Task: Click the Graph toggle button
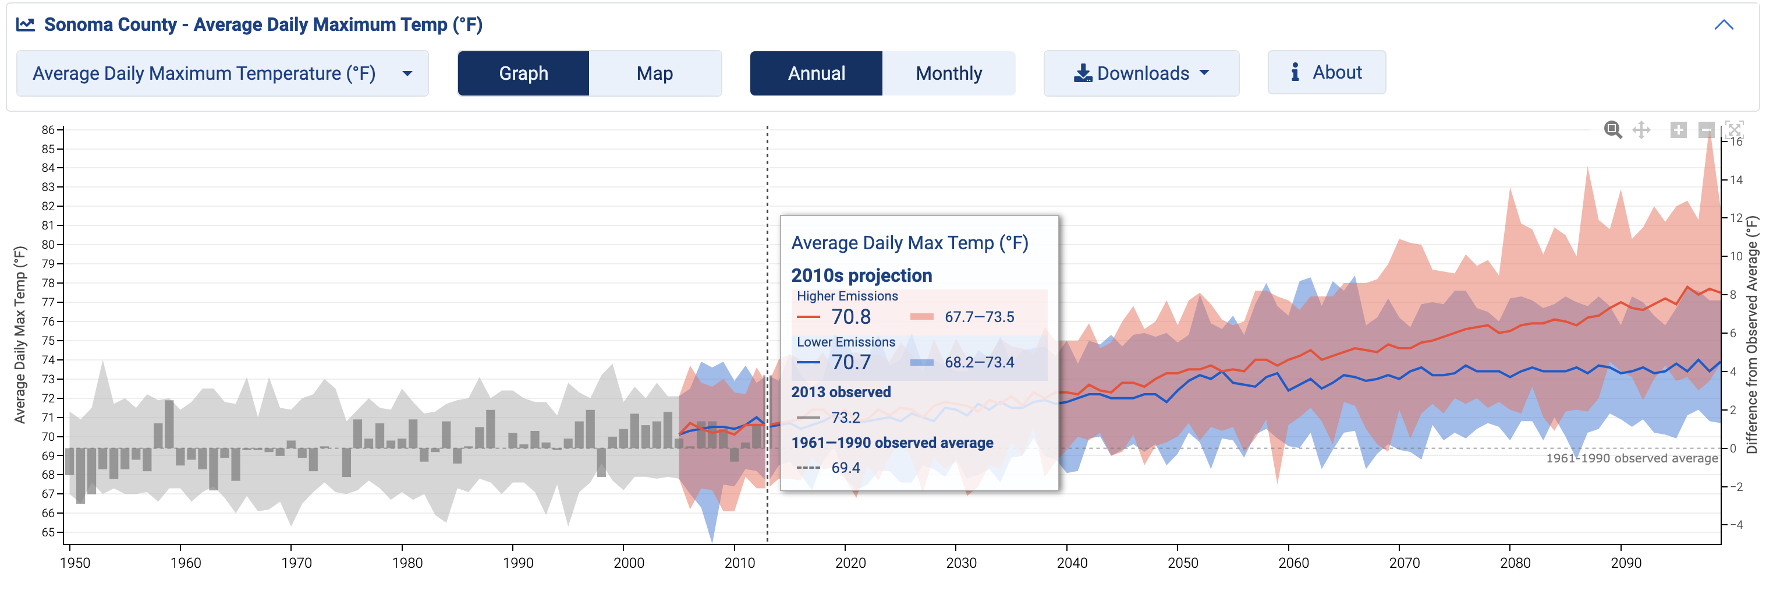click(x=523, y=73)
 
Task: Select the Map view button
click(x=655, y=73)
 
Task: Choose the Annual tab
click(x=815, y=73)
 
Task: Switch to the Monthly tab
click(x=948, y=73)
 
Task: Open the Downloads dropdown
click(x=1140, y=73)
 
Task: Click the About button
click(x=1327, y=72)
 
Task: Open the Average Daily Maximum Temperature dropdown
click(x=222, y=73)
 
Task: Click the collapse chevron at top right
click(x=1724, y=25)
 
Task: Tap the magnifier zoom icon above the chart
click(x=1612, y=129)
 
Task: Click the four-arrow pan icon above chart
click(x=1641, y=129)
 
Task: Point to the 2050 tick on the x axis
click(x=1182, y=563)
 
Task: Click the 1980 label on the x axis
click(x=407, y=563)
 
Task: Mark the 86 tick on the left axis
click(x=48, y=129)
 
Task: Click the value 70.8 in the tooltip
click(x=851, y=317)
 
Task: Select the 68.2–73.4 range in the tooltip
click(x=978, y=362)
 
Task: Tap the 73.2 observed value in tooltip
click(x=845, y=417)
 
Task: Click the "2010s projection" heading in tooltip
click(x=861, y=275)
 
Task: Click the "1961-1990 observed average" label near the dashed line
click(x=1631, y=458)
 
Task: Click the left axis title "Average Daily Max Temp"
click(x=20, y=335)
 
